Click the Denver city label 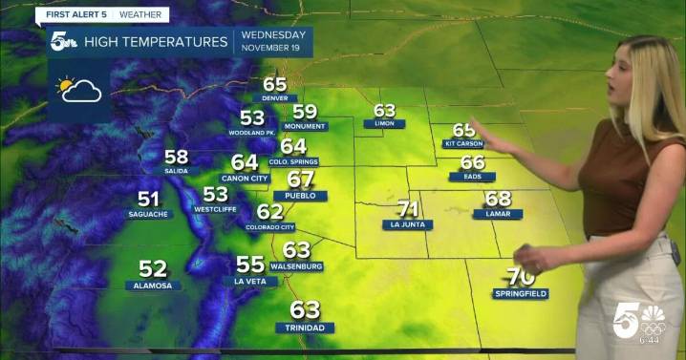click(x=274, y=98)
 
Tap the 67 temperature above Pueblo click(x=300, y=180)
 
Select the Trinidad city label click(x=306, y=328)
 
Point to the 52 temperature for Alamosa click(x=153, y=269)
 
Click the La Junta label click(x=408, y=225)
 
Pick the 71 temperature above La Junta click(x=408, y=209)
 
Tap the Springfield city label click(x=521, y=293)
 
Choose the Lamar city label click(x=498, y=215)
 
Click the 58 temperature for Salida click(x=176, y=157)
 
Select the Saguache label click(x=148, y=215)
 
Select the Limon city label click(x=384, y=124)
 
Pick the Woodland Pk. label click(x=252, y=132)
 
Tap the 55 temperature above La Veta click(x=249, y=265)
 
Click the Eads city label click(x=472, y=177)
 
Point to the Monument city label click(x=305, y=126)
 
